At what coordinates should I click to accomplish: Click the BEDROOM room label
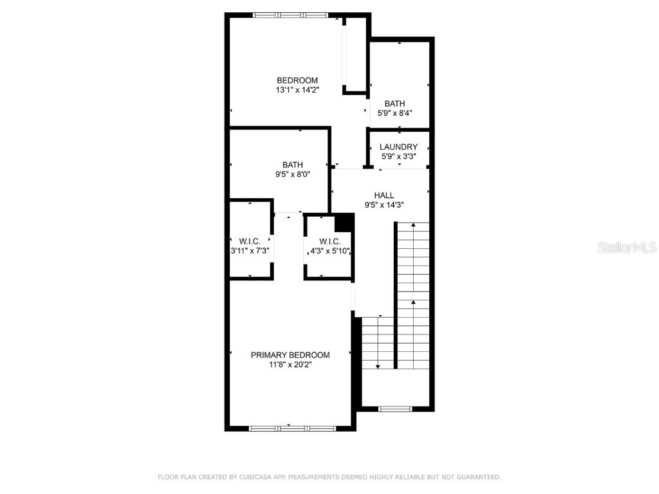(x=297, y=80)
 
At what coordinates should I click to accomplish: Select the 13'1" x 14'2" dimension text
(x=297, y=90)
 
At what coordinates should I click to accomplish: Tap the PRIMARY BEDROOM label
(x=290, y=355)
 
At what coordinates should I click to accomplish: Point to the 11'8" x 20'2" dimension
(x=290, y=365)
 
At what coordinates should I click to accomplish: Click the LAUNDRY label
(x=398, y=147)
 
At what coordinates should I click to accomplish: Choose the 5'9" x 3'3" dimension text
(x=398, y=156)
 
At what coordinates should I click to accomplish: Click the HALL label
(x=384, y=196)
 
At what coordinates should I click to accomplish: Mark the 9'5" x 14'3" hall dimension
(x=384, y=205)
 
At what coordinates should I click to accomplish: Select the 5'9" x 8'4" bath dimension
(x=394, y=113)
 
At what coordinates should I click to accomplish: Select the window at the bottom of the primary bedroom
(x=289, y=428)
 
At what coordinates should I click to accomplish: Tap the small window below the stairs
(x=394, y=408)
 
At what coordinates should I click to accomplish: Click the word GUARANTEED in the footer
(x=477, y=477)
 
